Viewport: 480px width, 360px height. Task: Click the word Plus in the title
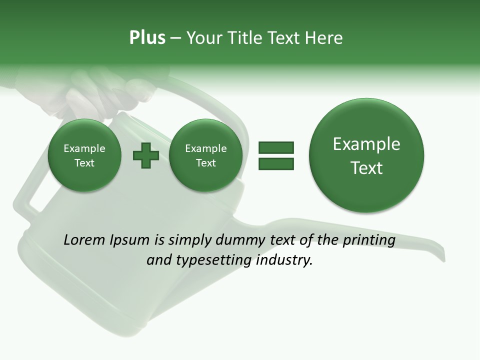tap(147, 38)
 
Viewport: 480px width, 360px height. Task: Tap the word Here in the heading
tap(324, 38)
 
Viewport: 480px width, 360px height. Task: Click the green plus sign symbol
tap(146, 155)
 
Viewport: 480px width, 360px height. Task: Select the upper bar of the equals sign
tap(276, 147)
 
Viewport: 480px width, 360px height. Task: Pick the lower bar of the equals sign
tap(276, 163)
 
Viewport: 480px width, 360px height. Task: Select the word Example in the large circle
tap(366, 144)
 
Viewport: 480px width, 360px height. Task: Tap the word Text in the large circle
tap(366, 168)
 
